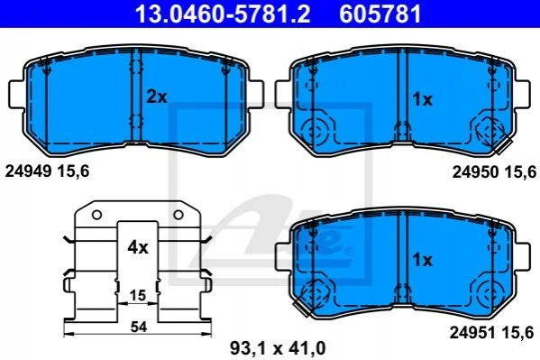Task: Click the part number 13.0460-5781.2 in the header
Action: click(223, 14)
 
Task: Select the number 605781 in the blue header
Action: click(380, 14)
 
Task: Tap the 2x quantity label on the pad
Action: click(157, 97)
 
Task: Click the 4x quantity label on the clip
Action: click(138, 247)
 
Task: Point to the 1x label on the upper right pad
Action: click(422, 99)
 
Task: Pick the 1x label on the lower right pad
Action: click(422, 260)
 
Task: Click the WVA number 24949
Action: click(28, 171)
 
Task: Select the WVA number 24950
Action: click(475, 171)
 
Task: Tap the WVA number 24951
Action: click(472, 333)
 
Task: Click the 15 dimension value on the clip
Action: click(138, 296)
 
